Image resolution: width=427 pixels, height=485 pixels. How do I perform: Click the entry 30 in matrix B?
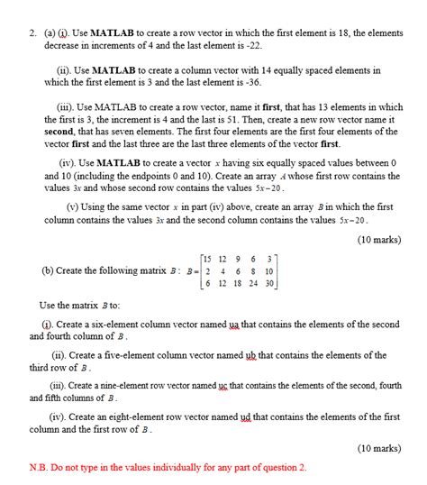pos(268,282)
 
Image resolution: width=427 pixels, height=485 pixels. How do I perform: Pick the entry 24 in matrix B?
pos(253,282)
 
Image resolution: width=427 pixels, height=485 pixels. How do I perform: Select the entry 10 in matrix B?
pos(268,270)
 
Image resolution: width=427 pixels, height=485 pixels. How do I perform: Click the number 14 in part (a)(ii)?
pos(268,69)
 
